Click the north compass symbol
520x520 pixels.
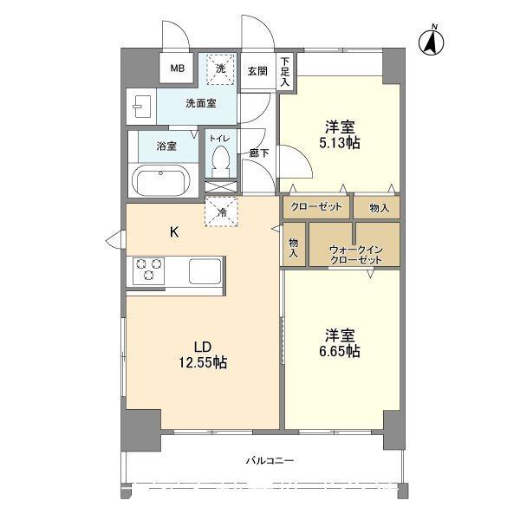pyautogui.click(x=431, y=42)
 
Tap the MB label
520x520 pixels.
pyautogui.click(x=178, y=68)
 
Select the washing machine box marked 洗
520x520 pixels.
pyautogui.click(x=220, y=69)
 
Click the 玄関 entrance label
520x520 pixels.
pyautogui.click(x=257, y=71)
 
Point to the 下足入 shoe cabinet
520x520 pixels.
pyautogui.click(x=285, y=72)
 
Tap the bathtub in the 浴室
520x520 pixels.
pyautogui.click(x=161, y=181)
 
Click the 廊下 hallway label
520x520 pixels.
pyautogui.click(x=259, y=153)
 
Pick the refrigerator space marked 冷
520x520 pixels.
pyautogui.click(x=222, y=212)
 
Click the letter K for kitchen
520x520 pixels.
pyautogui.click(x=174, y=232)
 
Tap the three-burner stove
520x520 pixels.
pyautogui.click(x=148, y=270)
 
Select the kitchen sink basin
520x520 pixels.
pyautogui.click(x=205, y=271)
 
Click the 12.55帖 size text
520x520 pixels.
pyautogui.click(x=203, y=362)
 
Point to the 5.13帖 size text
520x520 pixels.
pyautogui.click(x=340, y=143)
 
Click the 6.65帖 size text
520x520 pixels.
pyautogui.click(x=340, y=351)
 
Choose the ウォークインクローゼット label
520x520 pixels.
pyautogui.click(x=356, y=255)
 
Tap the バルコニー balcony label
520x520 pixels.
pyautogui.click(x=270, y=461)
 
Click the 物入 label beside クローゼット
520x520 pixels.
pyautogui.click(x=379, y=208)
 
